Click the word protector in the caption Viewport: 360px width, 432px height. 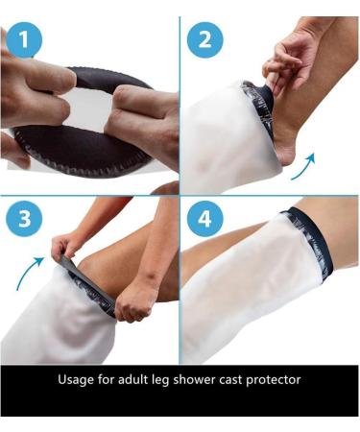coord(275,380)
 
